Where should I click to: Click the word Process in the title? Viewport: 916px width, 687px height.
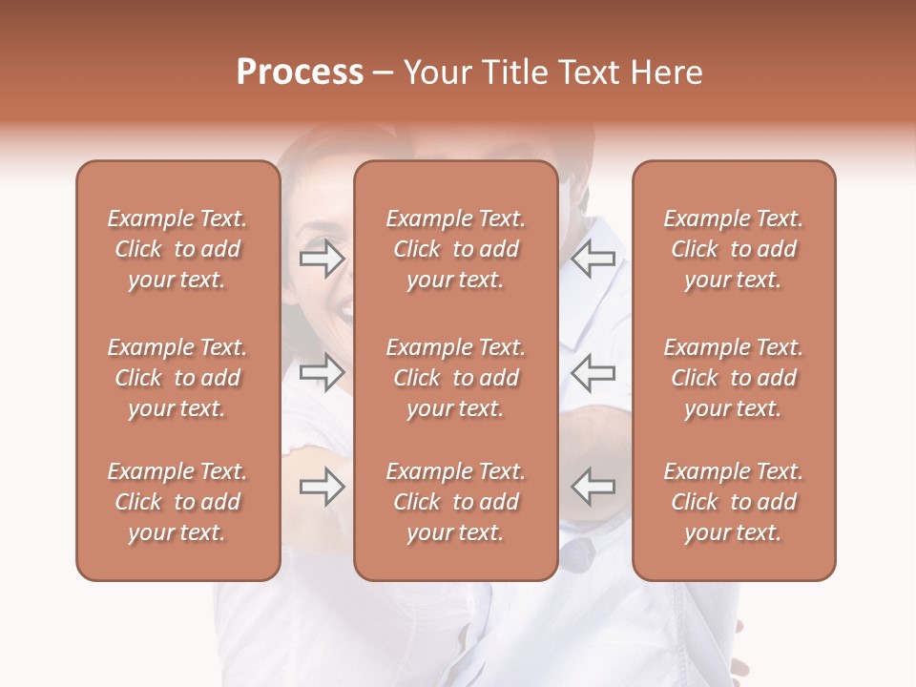coord(300,73)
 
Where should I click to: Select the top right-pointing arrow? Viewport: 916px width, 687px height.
coord(322,259)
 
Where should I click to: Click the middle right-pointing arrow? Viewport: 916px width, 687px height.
coord(322,372)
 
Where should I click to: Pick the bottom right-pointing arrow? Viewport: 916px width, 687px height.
coord(322,487)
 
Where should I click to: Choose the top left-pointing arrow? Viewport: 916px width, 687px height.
coord(593,259)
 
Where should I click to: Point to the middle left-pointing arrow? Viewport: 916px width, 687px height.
coord(593,372)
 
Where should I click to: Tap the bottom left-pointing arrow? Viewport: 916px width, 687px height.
coord(593,487)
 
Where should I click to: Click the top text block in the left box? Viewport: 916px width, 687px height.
coord(177,249)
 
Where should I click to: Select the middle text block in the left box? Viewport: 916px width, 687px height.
coord(177,378)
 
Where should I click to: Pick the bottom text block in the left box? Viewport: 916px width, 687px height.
coord(177,502)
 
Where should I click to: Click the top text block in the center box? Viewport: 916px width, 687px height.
coord(455,249)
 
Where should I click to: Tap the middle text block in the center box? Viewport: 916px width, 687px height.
coord(455,378)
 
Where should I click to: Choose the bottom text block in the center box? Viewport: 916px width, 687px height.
coord(455,502)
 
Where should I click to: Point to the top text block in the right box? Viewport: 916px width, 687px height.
coord(733,249)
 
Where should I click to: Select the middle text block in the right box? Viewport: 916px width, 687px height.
coord(733,378)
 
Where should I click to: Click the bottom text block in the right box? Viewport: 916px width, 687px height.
coord(733,502)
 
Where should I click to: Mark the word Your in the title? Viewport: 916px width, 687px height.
coord(437,73)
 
